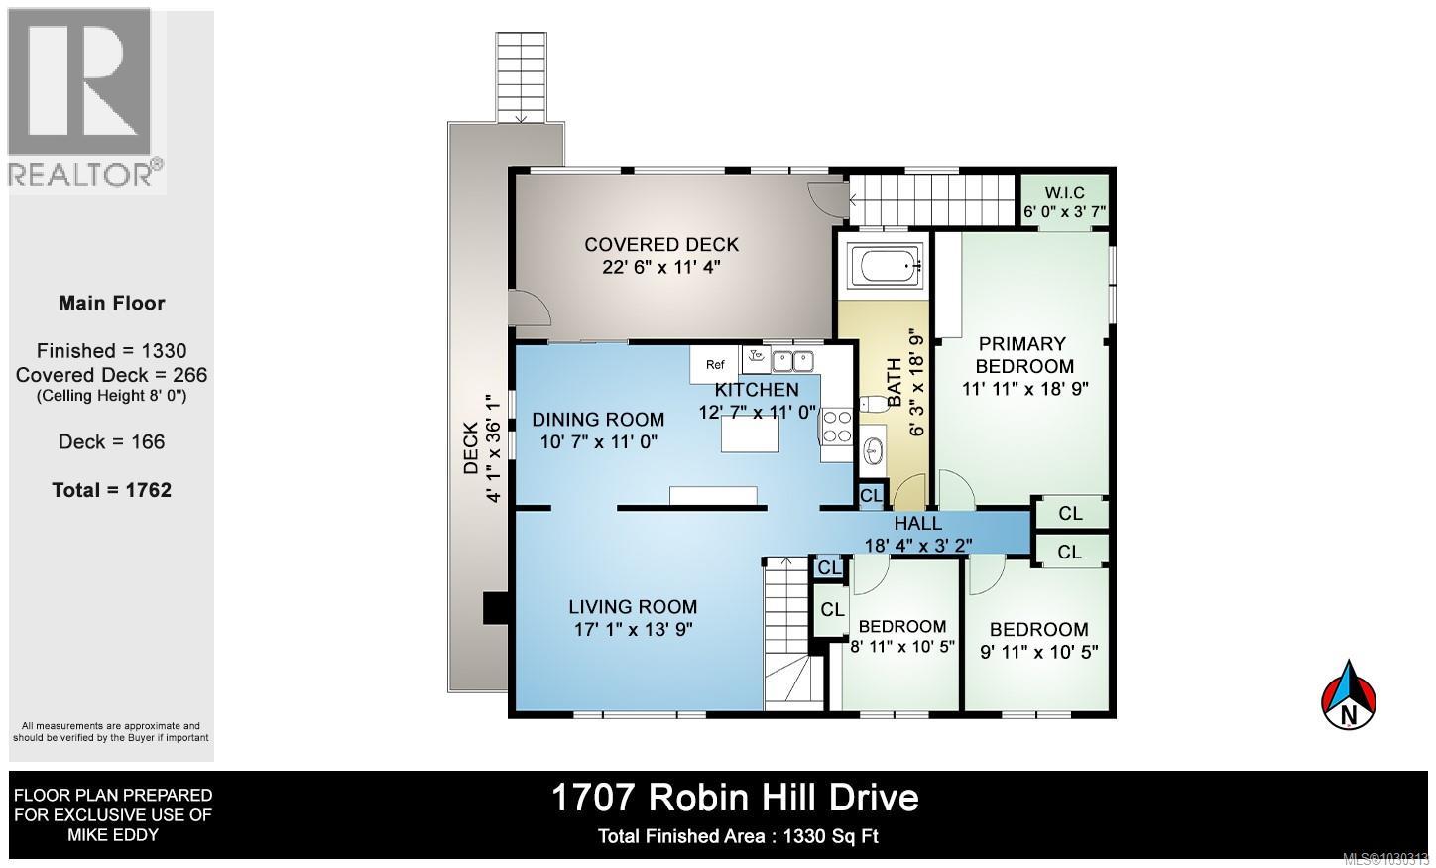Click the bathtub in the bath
[x=889, y=266]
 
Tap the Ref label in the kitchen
[x=715, y=364]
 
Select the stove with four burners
[x=837, y=427]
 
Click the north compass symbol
[x=1349, y=695]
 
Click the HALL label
[x=917, y=523]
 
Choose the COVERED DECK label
[x=660, y=244]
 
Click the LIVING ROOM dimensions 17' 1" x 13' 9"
[x=632, y=629]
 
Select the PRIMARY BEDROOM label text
[x=1022, y=354]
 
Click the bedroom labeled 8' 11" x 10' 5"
[x=901, y=636]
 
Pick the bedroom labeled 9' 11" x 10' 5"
[x=1038, y=640]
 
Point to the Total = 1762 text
[x=111, y=490]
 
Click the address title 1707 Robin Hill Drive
[x=734, y=797]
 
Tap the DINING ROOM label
[x=597, y=419]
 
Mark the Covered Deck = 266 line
[x=111, y=375]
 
